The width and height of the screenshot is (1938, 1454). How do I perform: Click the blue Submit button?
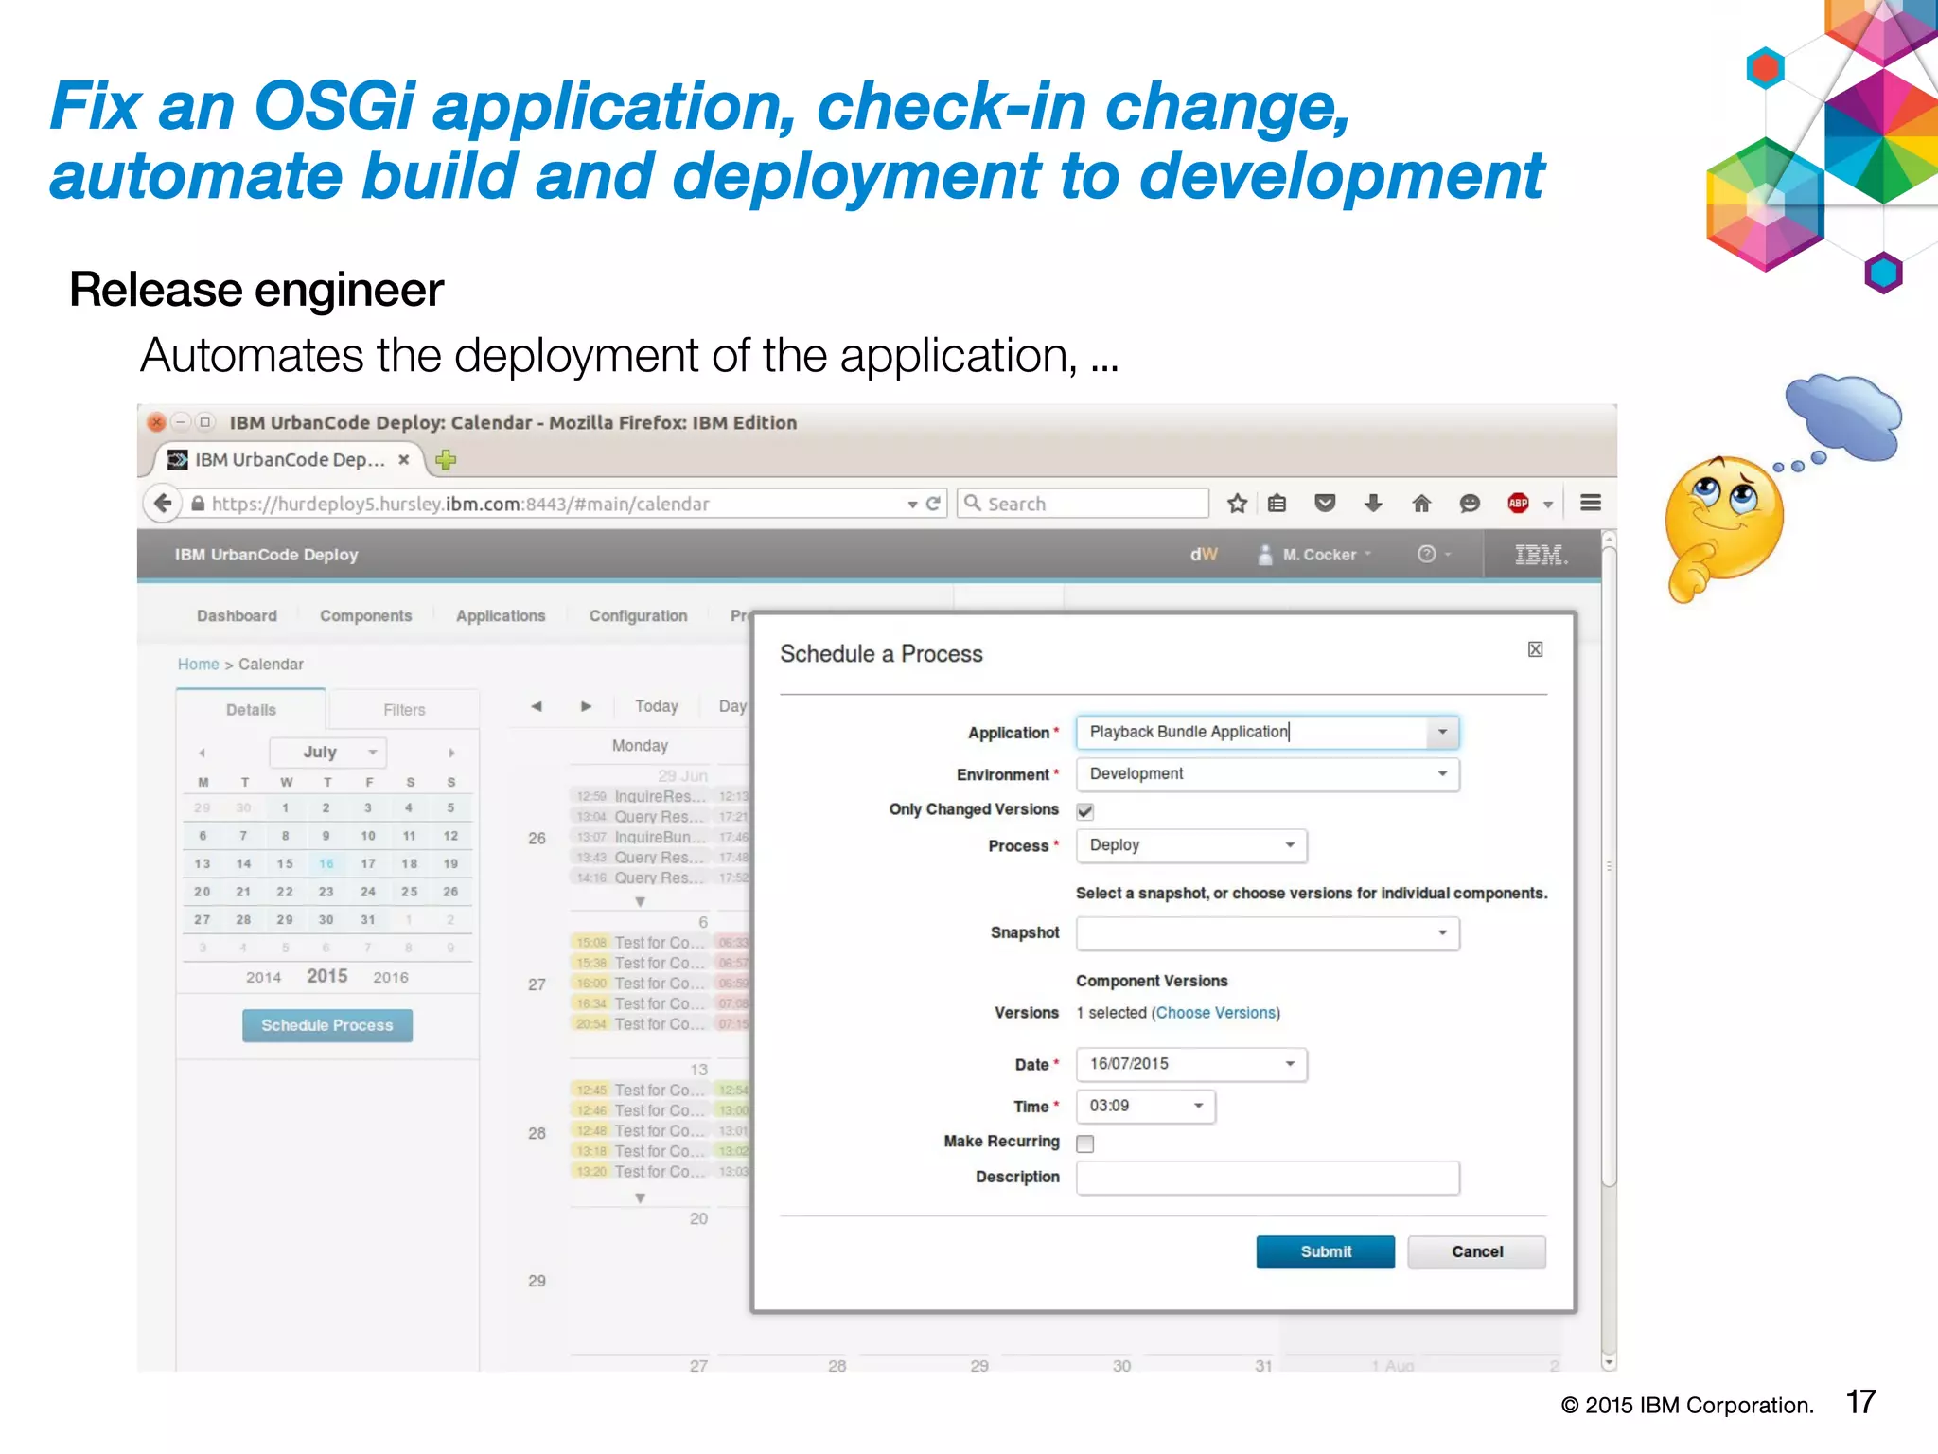(1325, 1251)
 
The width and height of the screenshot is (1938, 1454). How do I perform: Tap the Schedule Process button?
(326, 1025)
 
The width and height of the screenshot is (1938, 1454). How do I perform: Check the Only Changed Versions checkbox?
(1085, 811)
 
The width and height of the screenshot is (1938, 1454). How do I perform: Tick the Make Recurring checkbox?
(1085, 1144)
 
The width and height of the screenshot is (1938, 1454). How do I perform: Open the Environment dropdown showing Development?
(1267, 774)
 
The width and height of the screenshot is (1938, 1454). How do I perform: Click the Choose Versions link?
(1215, 1013)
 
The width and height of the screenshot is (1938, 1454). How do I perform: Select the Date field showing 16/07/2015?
(1190, 1064)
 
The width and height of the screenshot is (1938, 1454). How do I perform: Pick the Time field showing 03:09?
(1145, 1106)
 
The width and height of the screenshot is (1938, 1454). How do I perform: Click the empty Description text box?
(1267, 1178)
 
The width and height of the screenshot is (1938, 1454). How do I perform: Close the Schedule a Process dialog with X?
(1535, 649)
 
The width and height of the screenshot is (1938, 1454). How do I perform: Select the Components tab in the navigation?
(365, 615)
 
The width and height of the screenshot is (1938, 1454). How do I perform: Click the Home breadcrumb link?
(198, 665)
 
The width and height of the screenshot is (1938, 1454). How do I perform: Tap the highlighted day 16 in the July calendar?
(326, 863)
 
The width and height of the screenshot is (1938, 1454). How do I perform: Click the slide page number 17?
(1860, 1402)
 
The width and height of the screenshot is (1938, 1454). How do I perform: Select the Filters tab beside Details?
(404, 710)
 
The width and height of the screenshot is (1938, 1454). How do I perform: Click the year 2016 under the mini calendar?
(390, 977)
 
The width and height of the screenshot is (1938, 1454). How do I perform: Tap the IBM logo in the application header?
(1541, 555)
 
